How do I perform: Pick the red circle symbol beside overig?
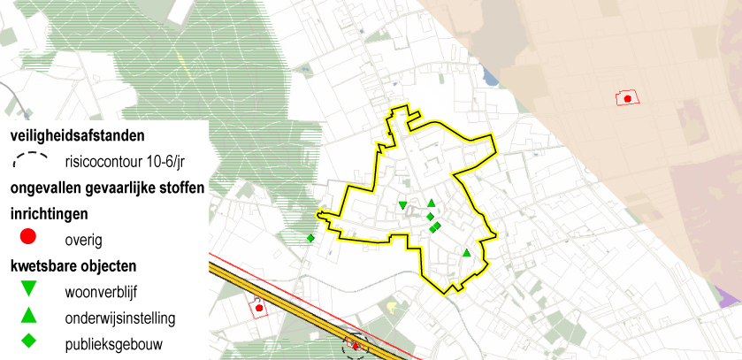click(x=27, y=237)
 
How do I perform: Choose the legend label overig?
click(x=84, y=240)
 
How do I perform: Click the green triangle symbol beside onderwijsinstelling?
click(x=27, y=314)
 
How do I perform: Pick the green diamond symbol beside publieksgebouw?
click(x=27, y=341)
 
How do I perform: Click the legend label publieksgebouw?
click(x=114, y=343)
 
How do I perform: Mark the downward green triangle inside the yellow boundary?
click(x=403, y=206)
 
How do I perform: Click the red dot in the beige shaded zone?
click(x=627, y=99)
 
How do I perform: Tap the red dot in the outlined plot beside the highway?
click(x=258, y=308)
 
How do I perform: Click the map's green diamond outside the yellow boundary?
click(x=310, y=238)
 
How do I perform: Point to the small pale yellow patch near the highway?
click(x=389, y=307)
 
